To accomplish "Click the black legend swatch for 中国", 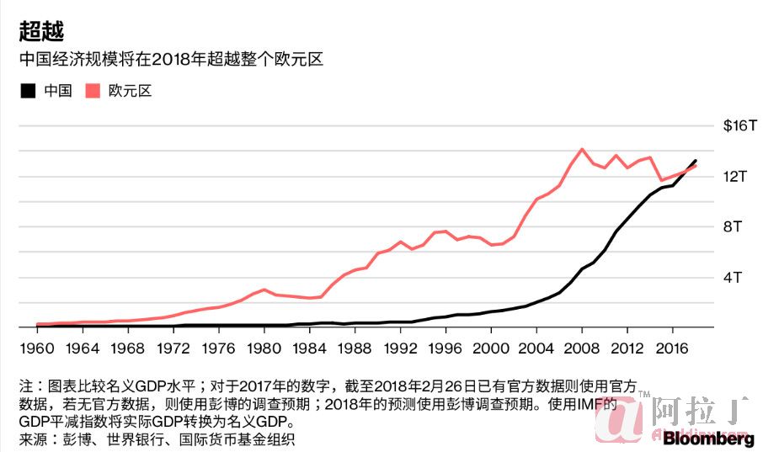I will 29,91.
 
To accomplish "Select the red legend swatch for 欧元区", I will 93,91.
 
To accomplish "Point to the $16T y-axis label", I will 740,125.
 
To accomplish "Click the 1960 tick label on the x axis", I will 36,348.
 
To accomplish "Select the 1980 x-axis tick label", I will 264,348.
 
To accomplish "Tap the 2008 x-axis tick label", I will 582,348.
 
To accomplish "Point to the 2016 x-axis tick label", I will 673,348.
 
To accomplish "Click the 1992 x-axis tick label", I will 400,348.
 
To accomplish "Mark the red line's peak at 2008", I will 582,149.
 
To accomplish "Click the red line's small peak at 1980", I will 264,290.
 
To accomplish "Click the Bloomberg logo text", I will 707,439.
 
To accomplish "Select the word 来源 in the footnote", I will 34,439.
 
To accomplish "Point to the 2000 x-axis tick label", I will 491,348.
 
